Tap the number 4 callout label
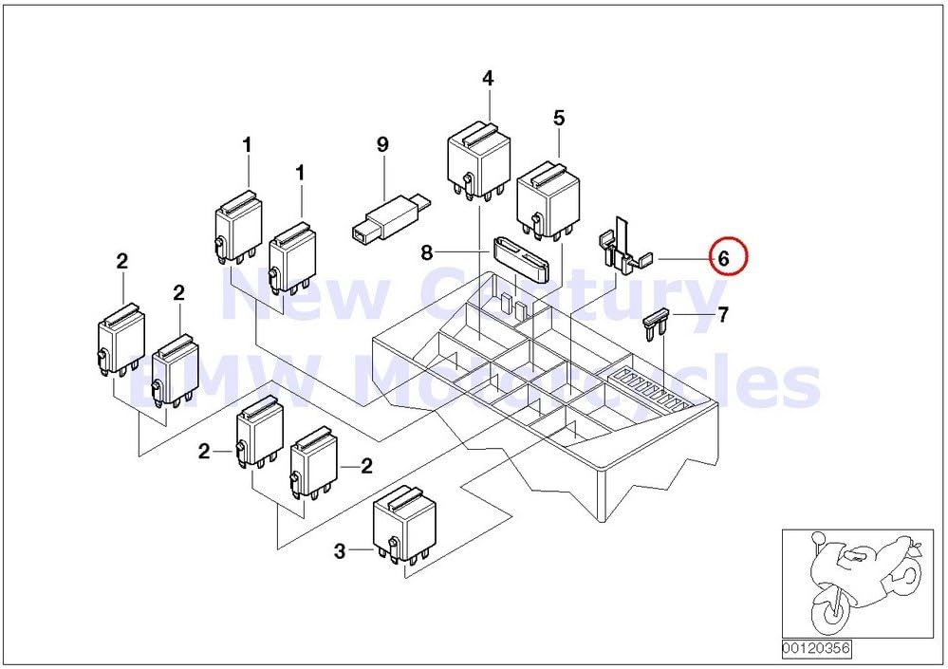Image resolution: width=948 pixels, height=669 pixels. tap(488, 79)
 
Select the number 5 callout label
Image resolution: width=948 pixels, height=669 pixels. tap(559, 118)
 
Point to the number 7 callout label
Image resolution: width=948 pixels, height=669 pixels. tap(723, 315)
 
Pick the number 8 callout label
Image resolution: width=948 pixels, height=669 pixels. tap(427, 252)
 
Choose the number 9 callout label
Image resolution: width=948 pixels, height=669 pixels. tap(382, 144)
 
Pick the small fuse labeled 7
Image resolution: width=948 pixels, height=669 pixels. tap(657, 324)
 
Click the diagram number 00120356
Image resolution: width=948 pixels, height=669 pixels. tap(815, 649)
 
